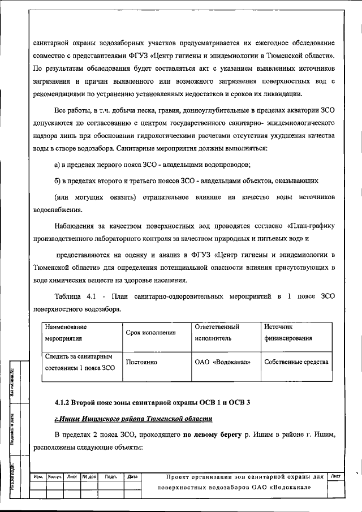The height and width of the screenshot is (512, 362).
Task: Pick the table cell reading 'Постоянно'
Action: [141, 362]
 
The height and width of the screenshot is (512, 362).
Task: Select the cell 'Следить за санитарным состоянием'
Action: [79, 362]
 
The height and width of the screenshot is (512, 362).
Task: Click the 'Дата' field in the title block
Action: [133, 477]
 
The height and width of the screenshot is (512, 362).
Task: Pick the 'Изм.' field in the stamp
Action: [39, 477]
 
